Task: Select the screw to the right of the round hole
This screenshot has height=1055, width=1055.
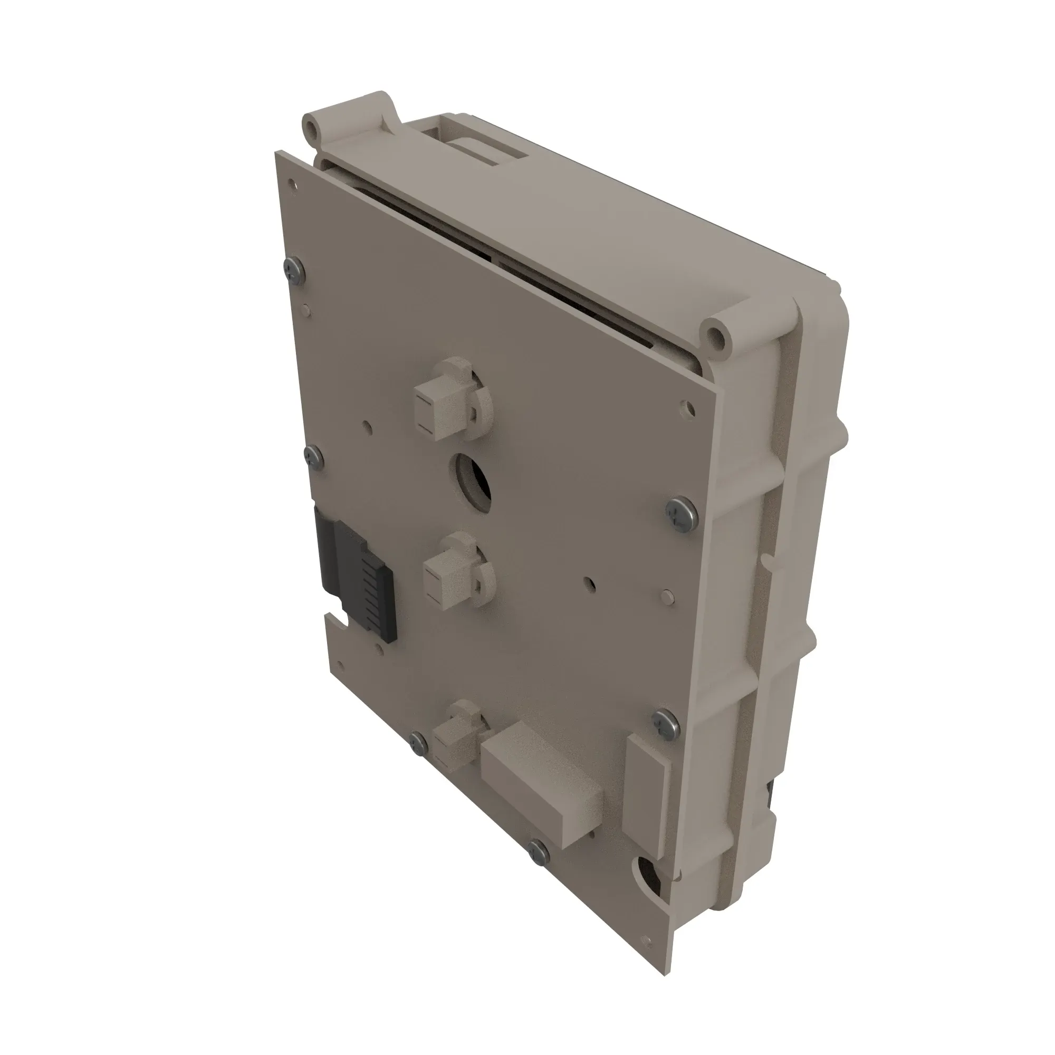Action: [679, 512]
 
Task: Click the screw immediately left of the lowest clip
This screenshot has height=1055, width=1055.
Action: [419, 743]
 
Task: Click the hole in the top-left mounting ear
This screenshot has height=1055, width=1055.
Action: [313, 126]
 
